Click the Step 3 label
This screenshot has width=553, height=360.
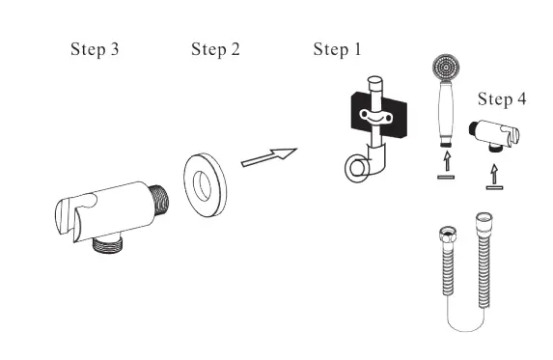[95, 49]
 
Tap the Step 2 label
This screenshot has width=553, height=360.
[215, 49]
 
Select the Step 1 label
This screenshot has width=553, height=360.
[338, 49]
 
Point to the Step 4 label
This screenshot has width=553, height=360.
[502, 99]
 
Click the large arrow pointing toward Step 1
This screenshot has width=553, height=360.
[267, 156]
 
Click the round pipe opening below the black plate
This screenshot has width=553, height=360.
[357, 169]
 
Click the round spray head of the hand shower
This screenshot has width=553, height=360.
[446, 68]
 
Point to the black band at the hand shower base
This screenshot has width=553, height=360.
[446, 138]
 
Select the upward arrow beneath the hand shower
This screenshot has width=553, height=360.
[446, 164]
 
